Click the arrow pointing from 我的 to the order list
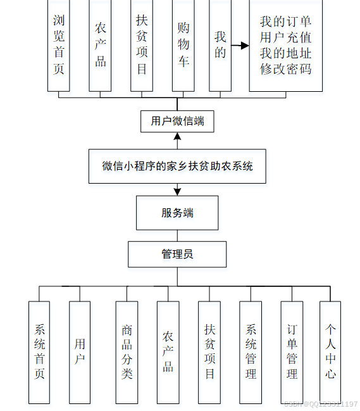[x=240, y=46]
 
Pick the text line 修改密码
[x=285, y=69]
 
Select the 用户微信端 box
[x=177, y=121]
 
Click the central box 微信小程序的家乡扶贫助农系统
[x=177, y=166]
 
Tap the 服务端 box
[x=177, y=213]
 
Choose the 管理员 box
[x=177, y=254]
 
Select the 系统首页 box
[x=39, y=351]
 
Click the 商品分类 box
[x=127, y=351]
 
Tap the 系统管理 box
[x=251, y=351]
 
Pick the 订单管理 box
[x=292, y=351]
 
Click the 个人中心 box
[x=330, y=351]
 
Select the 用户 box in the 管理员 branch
[x=80, y=351]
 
